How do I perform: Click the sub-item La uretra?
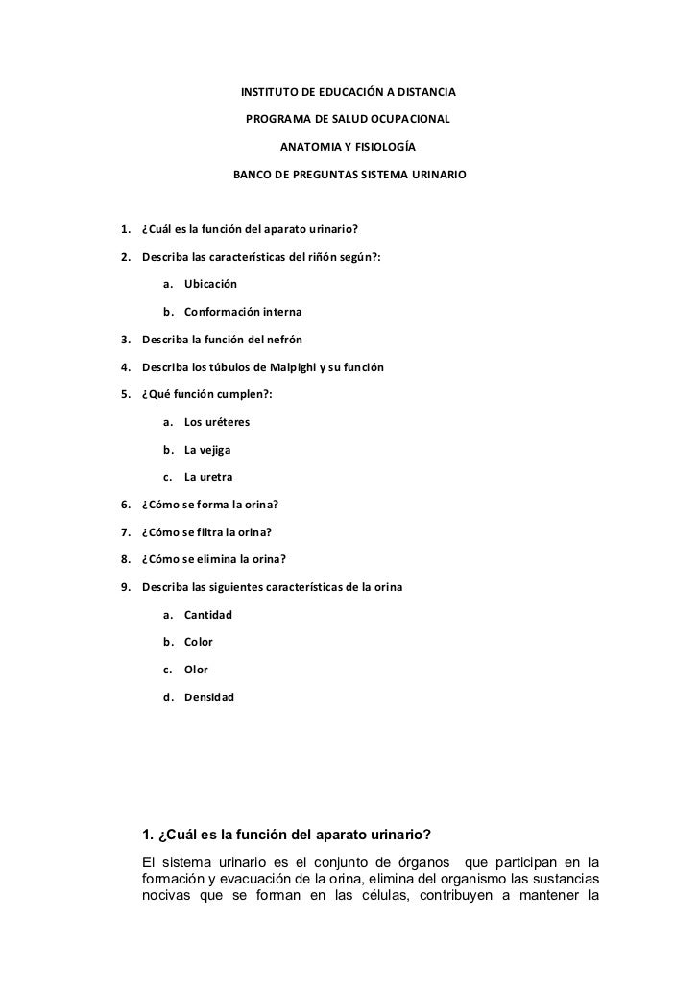207,477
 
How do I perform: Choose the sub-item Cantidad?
208,614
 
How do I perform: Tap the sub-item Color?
199,641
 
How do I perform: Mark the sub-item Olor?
196,669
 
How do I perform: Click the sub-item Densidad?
208,696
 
